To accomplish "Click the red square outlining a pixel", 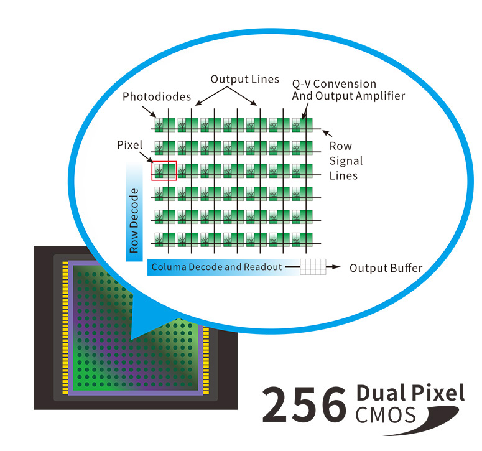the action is [x=164, y=170].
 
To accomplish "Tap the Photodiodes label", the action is [x=157, y=97].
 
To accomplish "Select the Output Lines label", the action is [x=244, y=80].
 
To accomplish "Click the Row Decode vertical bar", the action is [x=134, y=212].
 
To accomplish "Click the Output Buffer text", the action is [x=386, y=268].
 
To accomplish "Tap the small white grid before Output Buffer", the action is [x=313, y=267].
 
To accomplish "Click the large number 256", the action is [x=304, y=404].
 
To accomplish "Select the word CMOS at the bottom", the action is [x=386, y=415].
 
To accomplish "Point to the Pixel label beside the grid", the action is [x=130, y=145].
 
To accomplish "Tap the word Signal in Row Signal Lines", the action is [x=346, y=161].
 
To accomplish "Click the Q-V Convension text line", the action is [x=334, y=84].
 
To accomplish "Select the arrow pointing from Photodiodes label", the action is [x=149, y=112].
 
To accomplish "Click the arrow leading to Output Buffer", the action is [x=333, y=267].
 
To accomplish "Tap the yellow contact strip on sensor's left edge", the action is [x=65, y=328].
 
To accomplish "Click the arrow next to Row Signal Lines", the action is [x=327, y=133].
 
